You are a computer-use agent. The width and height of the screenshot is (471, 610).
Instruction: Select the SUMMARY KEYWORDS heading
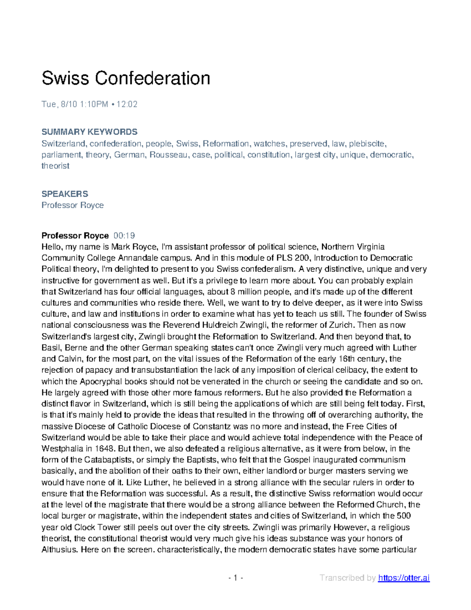pyautogui.click(x=89, y=132)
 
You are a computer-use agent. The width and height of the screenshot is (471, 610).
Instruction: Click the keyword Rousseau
pyautogui.click(x=168, y=155)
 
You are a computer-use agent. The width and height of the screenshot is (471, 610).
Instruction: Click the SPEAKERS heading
pyautogui.click(x=65, y=194)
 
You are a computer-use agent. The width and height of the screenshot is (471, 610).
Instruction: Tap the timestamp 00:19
pyautogui.click(x=124, y=236)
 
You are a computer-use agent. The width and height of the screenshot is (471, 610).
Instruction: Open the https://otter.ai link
pyautogui.click(x=403, y=578)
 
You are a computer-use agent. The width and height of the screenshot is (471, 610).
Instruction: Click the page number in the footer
pyautogui.click(x=235, y=578)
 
